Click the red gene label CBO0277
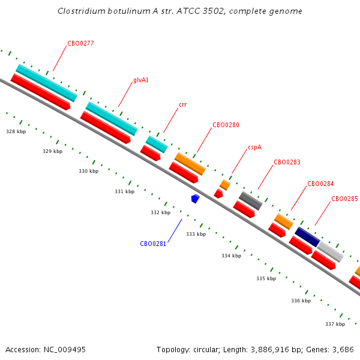(80, 43)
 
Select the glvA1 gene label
(141, 80)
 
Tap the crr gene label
(182, 104)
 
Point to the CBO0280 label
(226, 125)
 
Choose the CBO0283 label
(287, 162)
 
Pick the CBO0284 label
(320, 184)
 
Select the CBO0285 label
(344, 199)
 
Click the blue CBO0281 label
(153, 244)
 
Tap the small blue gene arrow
(194, 199)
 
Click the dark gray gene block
(250, 200)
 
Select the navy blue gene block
(307, 236)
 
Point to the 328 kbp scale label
(16, 131)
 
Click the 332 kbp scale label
(160, 212)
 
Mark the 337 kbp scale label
(335, 324)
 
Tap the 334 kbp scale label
(231, 256)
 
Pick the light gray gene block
(330, 251)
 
